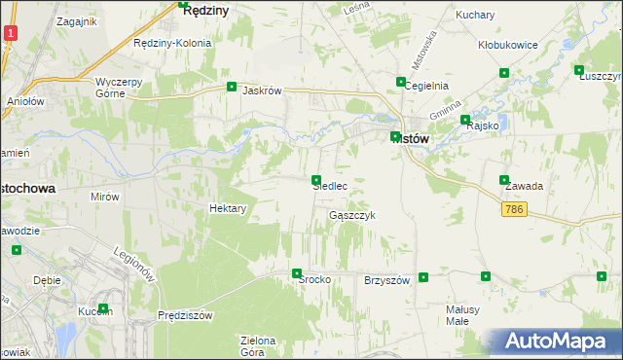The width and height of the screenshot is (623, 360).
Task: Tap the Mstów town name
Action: tap(411, 138)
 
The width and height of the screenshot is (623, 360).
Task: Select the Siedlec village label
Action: tap(330, 185)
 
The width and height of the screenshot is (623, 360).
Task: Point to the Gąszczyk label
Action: tap(351, 214)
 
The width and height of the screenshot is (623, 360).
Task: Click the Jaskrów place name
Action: tap(262, 90)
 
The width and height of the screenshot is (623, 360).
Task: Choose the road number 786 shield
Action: tap(516, 210)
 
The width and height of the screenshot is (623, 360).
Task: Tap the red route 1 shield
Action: tap(9, 33)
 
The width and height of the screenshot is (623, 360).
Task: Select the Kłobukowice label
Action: tap(501, 45)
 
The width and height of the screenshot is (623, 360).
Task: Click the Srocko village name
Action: tap(315, 279)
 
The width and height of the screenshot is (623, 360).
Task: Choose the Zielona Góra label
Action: tap(259, 346)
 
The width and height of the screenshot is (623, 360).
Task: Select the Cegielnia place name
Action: tap(426, 86)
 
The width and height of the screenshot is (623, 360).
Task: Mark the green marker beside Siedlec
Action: tap(316, 180)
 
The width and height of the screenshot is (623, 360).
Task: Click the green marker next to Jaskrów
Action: tap(232, 87)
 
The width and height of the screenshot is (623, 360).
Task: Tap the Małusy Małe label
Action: tap(457, 314)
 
